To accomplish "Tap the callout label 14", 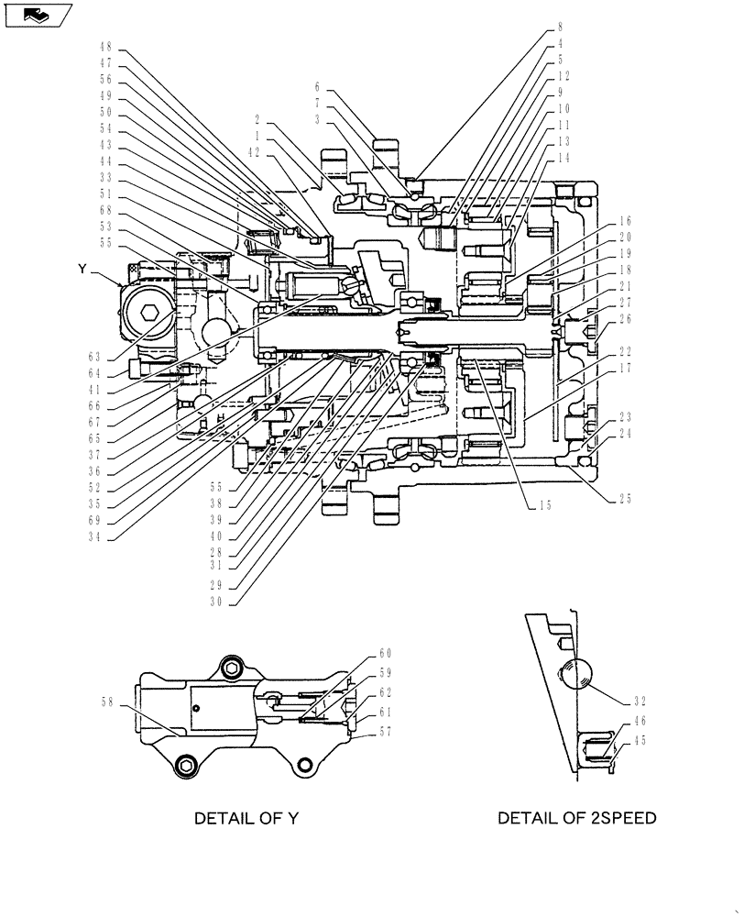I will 563,158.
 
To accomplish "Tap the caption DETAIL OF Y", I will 246,818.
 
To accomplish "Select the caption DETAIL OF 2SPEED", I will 576,818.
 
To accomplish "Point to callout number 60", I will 386,654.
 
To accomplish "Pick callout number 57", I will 386,732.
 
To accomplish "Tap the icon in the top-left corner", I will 37,15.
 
